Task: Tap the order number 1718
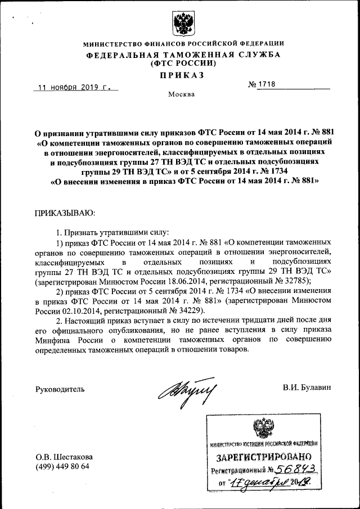click(266, 85)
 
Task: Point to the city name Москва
click(182, 94)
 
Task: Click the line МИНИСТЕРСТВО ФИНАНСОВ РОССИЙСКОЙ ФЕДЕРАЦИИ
click(183, 43)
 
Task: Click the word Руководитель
click(60, 389)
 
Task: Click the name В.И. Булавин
click(307, 388)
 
